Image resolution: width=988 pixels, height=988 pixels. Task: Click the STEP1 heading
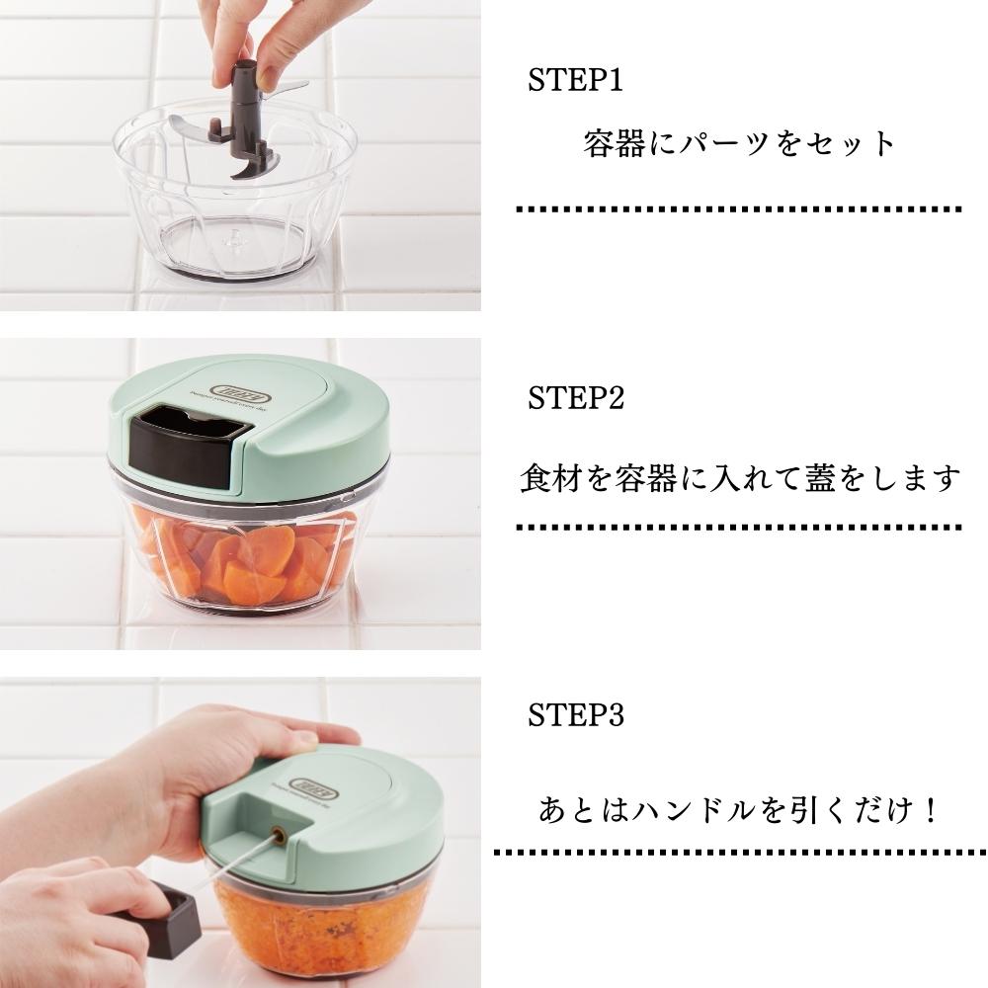click(575, 80)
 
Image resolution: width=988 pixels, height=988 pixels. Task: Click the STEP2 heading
click(575, 397)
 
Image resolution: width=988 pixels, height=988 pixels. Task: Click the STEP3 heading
click(575, 715)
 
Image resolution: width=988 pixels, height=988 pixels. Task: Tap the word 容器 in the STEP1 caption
click(615, 143)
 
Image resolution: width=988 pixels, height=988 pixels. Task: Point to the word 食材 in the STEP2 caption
click(550, 477)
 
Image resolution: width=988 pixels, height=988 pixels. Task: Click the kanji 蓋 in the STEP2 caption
click(820, 477)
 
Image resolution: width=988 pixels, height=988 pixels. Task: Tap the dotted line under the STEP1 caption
click(738, 209)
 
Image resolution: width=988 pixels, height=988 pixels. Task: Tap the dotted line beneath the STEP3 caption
click(740, 853)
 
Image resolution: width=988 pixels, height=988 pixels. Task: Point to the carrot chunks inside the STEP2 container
click(246, 559)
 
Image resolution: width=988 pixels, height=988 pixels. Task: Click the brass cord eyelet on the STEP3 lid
click(278, 836)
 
